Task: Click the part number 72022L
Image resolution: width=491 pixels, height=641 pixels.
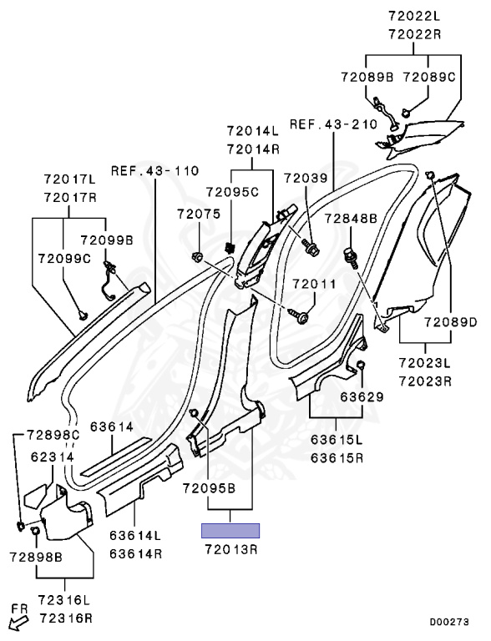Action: (414, 16)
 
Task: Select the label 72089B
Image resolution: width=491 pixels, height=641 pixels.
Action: (367, 78)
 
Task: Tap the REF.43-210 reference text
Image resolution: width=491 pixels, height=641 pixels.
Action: (333, 124)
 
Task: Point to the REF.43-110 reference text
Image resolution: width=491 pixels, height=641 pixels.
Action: (155, 170)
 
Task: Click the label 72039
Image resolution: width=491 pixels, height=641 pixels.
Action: (306, 179)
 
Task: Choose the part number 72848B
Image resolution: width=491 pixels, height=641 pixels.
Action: (351, 219)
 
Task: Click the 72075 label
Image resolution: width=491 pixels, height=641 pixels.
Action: (199, 214)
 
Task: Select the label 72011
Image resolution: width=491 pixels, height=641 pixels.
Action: (314, 284)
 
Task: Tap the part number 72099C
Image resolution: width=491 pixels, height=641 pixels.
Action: (64, 259)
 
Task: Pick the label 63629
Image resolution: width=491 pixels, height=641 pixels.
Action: (362, 397)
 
